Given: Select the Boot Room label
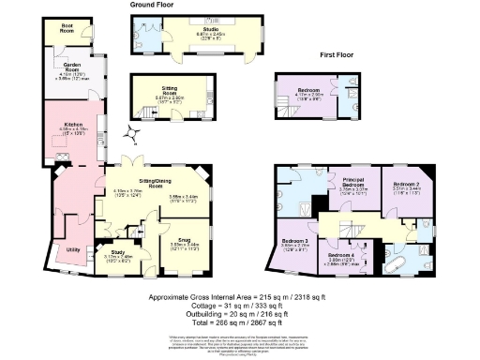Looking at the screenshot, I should pyautogui.click(x=67, y=26).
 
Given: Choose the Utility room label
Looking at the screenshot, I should pyautogui.click(x=72, y=250).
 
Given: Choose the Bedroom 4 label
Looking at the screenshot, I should pyautogui.click(x=341, y=255).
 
